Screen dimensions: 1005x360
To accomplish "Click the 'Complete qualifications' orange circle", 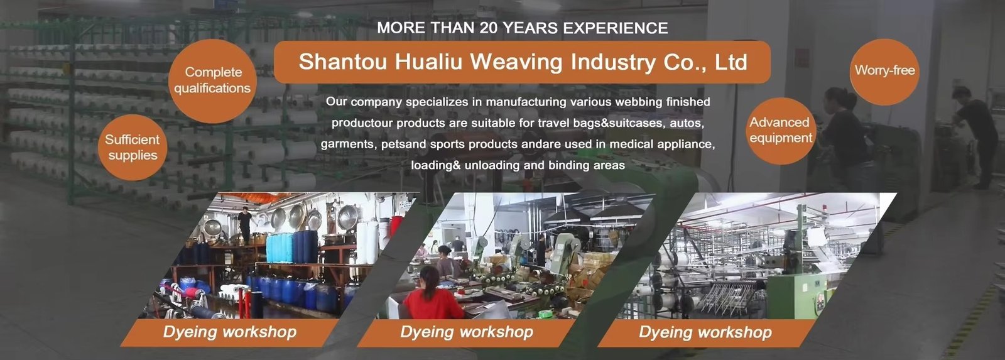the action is click(212, 81).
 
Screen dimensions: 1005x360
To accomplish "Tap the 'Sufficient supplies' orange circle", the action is click(133, 147).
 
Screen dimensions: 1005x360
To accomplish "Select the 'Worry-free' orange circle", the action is click(884, 72).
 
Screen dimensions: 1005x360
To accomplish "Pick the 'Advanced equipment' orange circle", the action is click(781, 131).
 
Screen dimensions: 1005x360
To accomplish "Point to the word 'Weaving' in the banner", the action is click(516, 62).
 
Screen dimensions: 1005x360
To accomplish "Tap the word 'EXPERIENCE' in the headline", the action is click(615, 28).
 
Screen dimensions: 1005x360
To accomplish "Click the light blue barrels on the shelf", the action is click(280, 248).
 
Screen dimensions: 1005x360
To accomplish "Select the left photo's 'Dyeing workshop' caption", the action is click(230, 332).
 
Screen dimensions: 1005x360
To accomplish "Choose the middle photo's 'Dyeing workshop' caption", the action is click(467, 332).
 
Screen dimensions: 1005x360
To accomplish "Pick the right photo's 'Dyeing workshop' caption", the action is click(705, 332).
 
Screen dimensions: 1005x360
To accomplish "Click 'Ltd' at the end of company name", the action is click(731, 62).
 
